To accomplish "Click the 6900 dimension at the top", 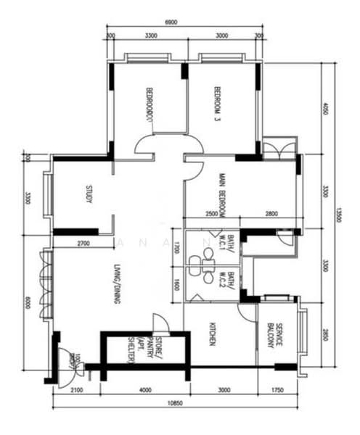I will point(171,23).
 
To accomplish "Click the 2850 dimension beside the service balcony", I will point(326,335).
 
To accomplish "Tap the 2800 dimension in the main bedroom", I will point(271,214).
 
